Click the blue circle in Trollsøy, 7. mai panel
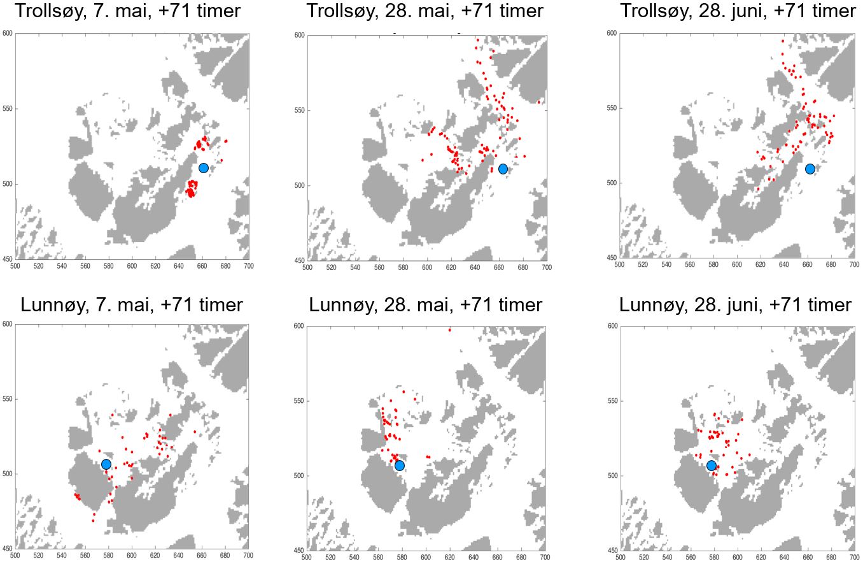pos(204,168)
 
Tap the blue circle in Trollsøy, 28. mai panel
pos(503,169)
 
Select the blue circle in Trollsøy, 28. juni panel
pos(810,169)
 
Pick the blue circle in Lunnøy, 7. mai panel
pos(106,465)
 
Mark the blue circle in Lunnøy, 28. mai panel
pos(400,466)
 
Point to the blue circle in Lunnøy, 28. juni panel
pos(712,466)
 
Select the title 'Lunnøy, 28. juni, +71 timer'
pos(735,305)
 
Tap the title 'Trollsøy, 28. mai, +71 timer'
pos(425,11)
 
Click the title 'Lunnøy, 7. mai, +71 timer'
pos(132,305)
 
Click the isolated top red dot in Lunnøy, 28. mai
pos(449,330)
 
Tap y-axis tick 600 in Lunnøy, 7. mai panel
pos(8,323)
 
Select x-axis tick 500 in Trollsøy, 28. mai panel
pos(307,268)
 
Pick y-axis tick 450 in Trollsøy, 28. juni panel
pos(612,258)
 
